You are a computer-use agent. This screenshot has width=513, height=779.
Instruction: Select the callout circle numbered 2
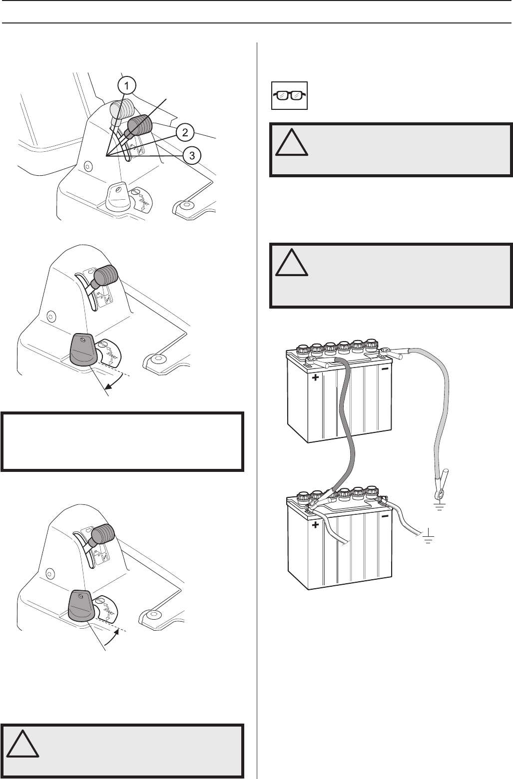[x=185, y=132]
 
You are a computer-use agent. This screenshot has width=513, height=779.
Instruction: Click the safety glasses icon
[x=289, y=95]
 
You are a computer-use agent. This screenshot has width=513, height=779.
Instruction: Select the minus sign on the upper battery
[x=385, y=371]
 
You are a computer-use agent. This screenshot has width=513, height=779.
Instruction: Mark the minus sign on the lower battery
[x=385, y=517]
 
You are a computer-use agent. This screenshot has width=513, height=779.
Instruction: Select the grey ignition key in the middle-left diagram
[x=82, y=349]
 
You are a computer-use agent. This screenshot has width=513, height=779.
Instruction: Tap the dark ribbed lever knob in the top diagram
[x=141, y=125]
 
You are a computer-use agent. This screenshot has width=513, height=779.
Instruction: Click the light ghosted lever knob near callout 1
[x=121, y=108]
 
